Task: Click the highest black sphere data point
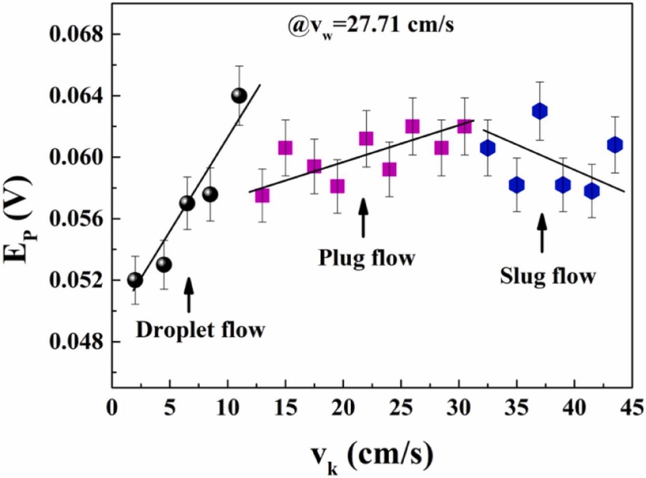tap(239, 96)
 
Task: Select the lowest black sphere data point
tap(135, 280)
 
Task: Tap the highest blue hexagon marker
tap(539, 111)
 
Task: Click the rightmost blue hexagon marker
tap(615, 145)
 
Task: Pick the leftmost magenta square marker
tap(262, 195)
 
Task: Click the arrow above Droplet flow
tap(188, 295)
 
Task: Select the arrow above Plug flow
tap(363, 217)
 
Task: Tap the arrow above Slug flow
tap(542, 232)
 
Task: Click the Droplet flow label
tap(200, 330)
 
